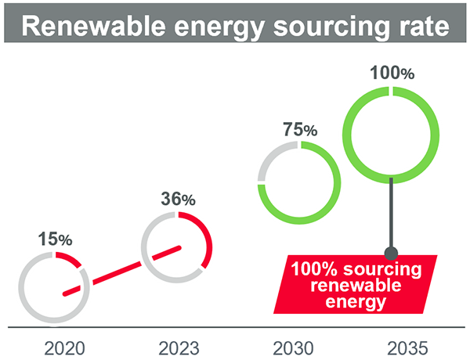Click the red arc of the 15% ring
(72, 261)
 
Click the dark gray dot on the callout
(391, 252)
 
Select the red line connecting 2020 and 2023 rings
(121, 271)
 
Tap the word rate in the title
(421, 27)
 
